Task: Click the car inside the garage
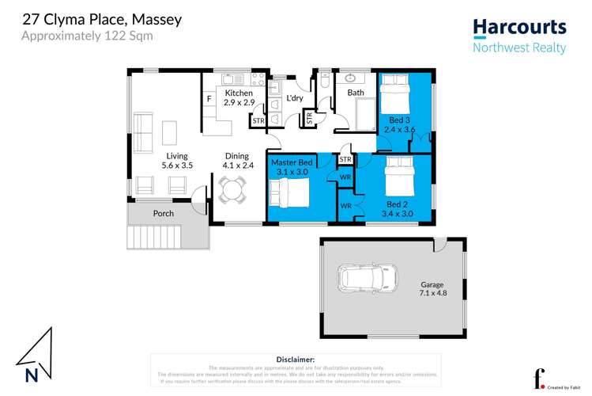[x=368, y=278]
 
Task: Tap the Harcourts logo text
[x=519, y=28]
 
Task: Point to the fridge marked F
[x=209, y=100]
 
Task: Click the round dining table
[x=232, y=190]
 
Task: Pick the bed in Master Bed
[x=285, y=192]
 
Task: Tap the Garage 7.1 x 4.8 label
[x=432, y=289]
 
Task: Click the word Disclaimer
[x=296, y=359]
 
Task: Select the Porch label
[x=164, y=214]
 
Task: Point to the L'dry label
[x=295, y=97]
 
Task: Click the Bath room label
[x=356, y=93]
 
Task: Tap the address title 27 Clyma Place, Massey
[x=101, y=19]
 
